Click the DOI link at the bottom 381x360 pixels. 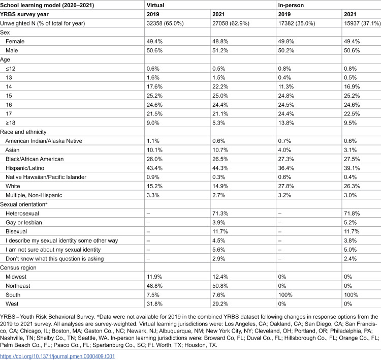[57, 356]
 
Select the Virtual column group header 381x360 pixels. [155, 5]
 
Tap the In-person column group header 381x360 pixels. [291, 5]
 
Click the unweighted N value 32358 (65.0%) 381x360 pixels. [165, 23]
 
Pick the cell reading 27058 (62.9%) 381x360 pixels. [231, 23]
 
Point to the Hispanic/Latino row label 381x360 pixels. [25, 168]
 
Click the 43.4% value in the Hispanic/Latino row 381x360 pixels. [154, 168]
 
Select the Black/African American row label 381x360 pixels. [35, 159]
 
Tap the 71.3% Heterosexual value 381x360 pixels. [220, 214]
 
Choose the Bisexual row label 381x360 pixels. [16, 231]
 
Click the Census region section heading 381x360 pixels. [18, 267]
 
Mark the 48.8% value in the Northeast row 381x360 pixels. [154, 286]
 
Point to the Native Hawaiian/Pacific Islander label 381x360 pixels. [46, 177]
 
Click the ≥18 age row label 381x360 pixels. [11, 123]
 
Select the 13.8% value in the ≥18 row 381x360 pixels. [286, 123]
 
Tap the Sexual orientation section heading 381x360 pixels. [23, 204]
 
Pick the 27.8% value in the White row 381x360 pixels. [286, 186]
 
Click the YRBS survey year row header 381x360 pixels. [24, 14]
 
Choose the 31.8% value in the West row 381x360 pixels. [154, 304]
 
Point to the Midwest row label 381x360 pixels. [16, 277]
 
